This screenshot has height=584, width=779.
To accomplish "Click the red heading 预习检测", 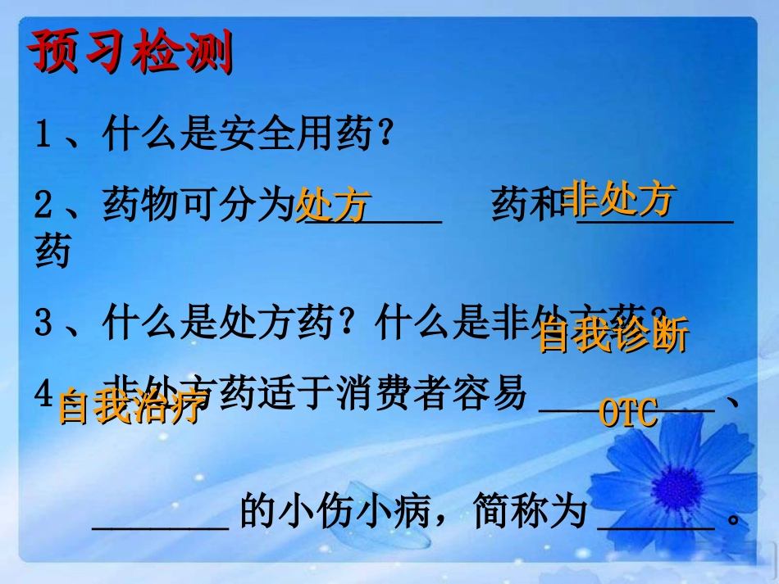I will pos(130,54).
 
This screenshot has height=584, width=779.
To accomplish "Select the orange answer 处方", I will pos(333,205).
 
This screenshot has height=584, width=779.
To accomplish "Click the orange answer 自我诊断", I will pos(613,336).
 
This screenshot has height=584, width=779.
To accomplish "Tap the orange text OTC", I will pos(629,414).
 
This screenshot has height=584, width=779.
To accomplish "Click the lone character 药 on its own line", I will pos(52,252).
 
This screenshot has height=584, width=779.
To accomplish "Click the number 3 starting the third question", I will pos(43,324).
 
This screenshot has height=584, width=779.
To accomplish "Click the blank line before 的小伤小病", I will pos(161,524).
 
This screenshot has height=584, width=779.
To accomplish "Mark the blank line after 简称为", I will pos(656,524).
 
